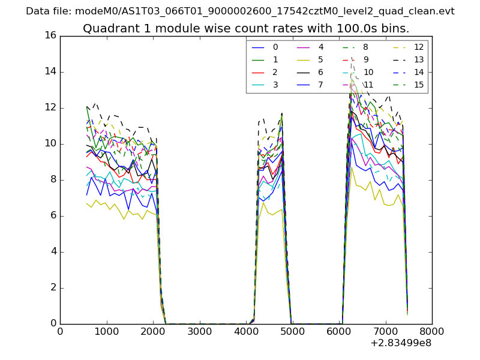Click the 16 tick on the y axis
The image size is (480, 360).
tap(50, 35)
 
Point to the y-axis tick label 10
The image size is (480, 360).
tap(50, 143)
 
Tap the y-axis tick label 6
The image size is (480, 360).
tap(53, 215)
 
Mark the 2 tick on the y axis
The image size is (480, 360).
tap(53, 287)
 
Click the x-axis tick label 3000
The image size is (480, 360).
tap(199, 331)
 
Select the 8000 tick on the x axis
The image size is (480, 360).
tap(432, 331)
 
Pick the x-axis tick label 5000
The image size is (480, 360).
tap(292, 331)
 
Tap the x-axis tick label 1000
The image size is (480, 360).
tap(106, 331)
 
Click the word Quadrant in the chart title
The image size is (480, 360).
tap(106, 28)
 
